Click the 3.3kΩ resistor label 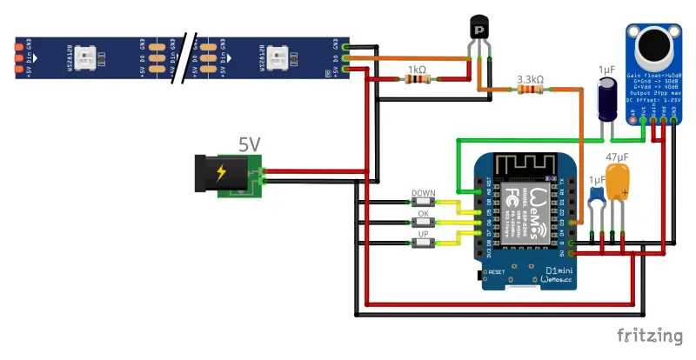[530, 79]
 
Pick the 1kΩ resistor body [416, 80]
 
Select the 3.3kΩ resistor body [530, 90]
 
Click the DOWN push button [424, 202]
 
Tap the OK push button [424, 223]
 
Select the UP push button [424, 243]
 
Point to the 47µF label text [617, 157]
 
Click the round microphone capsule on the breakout [652, 49]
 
